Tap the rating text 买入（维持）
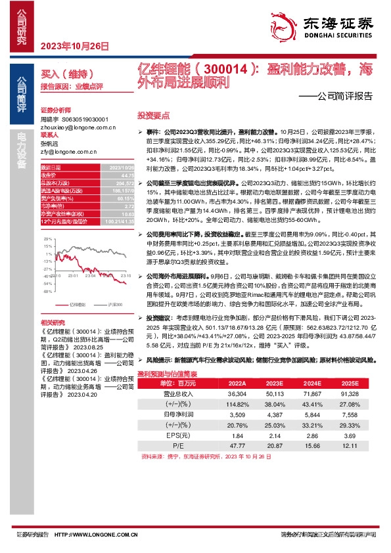[66, 74]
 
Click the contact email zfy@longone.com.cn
[68, 150]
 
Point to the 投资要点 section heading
[149, 114]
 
